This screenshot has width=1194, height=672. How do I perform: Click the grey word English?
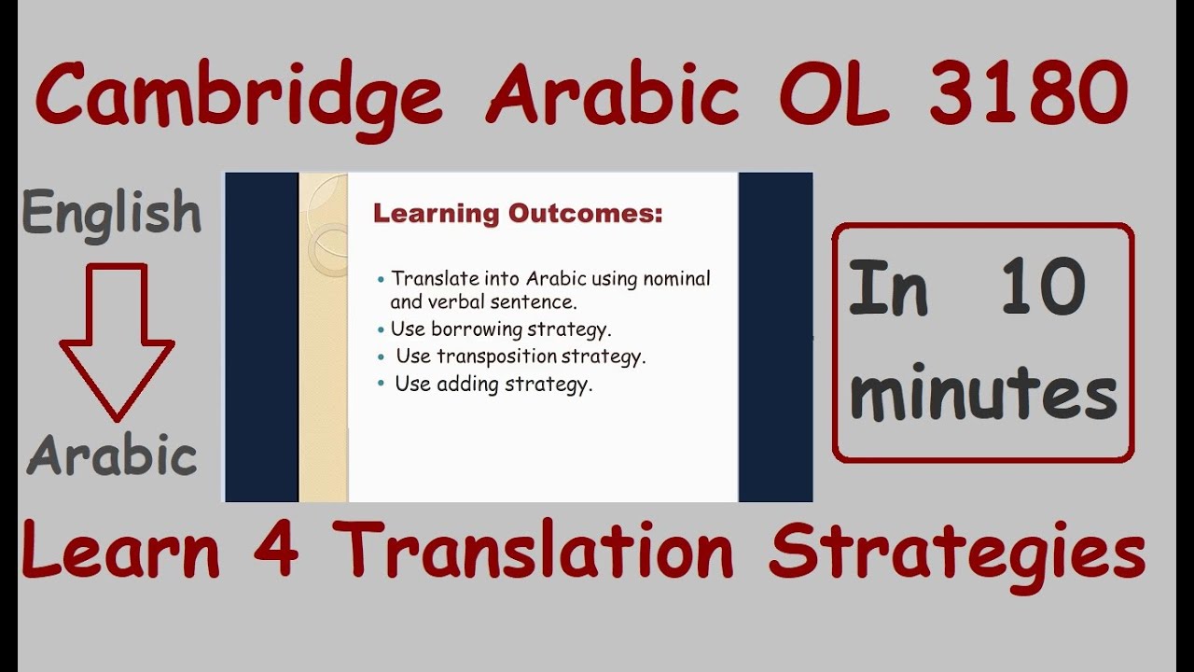point(112,213)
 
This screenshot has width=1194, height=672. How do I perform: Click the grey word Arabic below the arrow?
point(112,456)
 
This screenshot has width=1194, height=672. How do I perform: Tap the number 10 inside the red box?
point(1042,287)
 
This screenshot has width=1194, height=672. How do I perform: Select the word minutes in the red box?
point(983,393)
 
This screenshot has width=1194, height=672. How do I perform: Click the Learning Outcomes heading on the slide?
point(518,214)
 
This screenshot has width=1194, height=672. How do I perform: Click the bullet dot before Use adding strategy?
point(381,384)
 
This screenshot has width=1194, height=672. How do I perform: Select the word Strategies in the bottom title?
point(956,555)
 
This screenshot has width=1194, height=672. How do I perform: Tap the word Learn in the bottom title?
point(121,552)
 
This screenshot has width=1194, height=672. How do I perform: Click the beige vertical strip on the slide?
point(323,373)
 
